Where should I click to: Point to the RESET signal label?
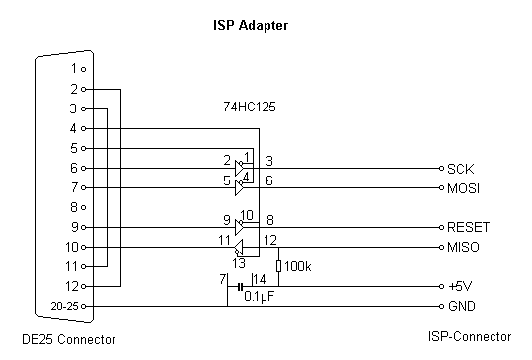[468, 227]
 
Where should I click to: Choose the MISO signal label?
[462, 247]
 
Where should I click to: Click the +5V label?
[458, 286]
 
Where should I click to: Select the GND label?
[460, 306]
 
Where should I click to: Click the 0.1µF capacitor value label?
[259, 297]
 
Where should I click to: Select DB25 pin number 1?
[73, 69]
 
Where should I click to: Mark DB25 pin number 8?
[73, 207]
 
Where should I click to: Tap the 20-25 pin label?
[66, 306]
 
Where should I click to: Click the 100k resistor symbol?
[278, 266]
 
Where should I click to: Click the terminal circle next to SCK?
[440, 168]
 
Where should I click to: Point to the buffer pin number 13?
[237, 263]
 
